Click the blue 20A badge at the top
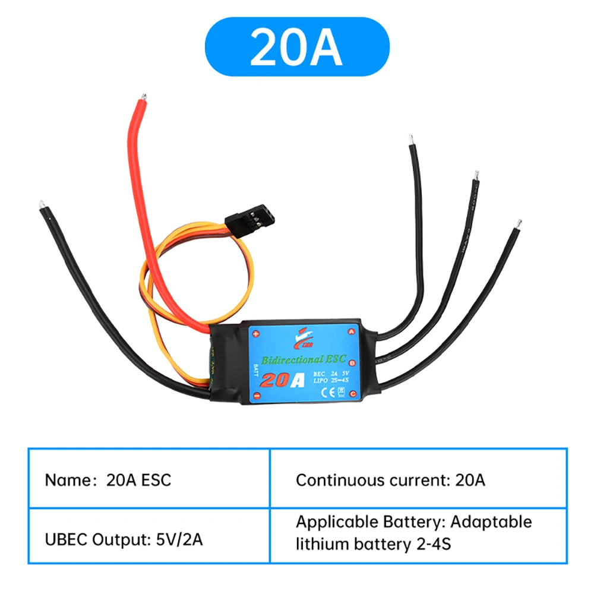click(297, 46)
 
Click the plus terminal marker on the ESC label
click(257, 333)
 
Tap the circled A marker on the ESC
click(351, 331)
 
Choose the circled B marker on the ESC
click(352, 362)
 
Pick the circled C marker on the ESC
click(352, 393)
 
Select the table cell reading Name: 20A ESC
click(149, 479)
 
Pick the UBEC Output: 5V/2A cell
click(149, 535)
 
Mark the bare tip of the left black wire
click(41, 204)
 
